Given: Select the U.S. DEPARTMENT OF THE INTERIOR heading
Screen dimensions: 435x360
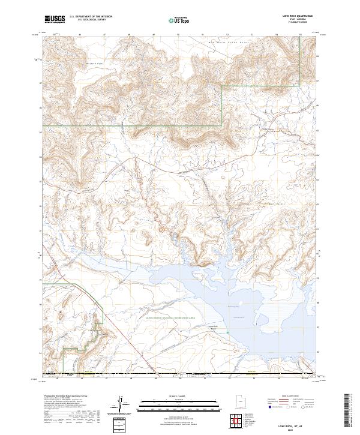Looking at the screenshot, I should pyautogui.click(x=91, y=17).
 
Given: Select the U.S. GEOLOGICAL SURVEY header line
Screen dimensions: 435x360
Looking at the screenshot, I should pyautogui.click(x=88, y=20).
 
